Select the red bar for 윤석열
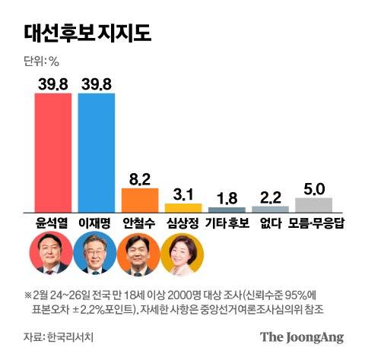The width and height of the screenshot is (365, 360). click(x=53, y=152)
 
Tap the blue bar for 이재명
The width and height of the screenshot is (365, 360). click(x=97, y=152)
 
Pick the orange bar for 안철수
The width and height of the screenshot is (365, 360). click(x=140, y=199)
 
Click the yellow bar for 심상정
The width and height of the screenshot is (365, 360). click(x=183, y=207)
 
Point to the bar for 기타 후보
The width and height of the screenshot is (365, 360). click(x=227, y=209)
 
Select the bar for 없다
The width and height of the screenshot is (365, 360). click(x=270, y=208)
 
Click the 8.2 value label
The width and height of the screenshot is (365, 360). click(x=140, y=178)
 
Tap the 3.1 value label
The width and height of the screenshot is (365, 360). click(x=183, y=193)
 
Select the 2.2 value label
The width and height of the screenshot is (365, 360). click(x=270, y=196)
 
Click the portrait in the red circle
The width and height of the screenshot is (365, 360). click(x=52, y=254)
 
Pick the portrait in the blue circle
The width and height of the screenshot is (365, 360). click(x=96, y=254)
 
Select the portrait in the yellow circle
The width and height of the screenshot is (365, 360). click(x=182, y=254)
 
